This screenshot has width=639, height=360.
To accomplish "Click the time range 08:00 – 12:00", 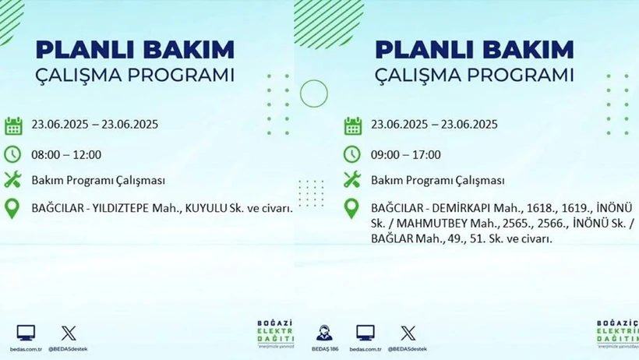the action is click(x=66, y=155).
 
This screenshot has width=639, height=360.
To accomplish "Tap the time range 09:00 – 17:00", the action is click(x=406, y=155).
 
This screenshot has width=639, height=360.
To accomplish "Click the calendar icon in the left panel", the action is click(x=13, y=126).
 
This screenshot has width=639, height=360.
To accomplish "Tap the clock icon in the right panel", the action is click(x=351, y=154).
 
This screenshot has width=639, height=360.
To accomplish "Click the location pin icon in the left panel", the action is click(x=12, y=209).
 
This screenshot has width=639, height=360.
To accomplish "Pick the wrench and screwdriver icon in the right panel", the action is click(x=352, y=179).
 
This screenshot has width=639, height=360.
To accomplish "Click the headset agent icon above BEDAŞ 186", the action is click(x=324, y=333).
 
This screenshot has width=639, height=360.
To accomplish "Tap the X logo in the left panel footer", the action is click(x=69, y=334).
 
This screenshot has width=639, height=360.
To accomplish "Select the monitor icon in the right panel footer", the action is click(x=365, y=333).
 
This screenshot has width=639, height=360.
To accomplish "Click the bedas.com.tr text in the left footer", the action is click(x=26, y=349).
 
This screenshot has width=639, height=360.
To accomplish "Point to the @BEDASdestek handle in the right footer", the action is click(x=407, y=349).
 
